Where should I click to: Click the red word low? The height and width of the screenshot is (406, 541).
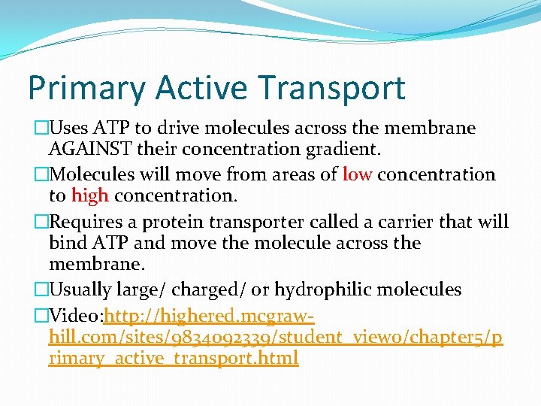coord(357,175)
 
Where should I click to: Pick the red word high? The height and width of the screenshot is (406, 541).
coord(90,196)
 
